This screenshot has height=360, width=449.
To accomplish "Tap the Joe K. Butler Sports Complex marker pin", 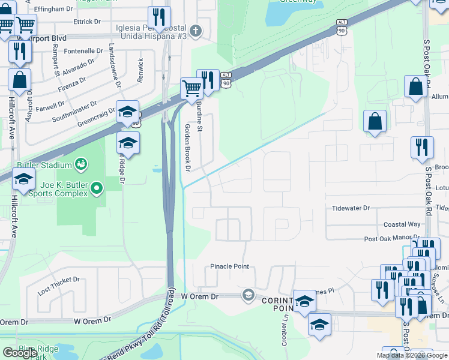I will click(x=97, y=190).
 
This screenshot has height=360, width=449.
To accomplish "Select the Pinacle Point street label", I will click(x=229, y=266).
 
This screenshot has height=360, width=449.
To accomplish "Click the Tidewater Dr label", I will click(x=352, y=208).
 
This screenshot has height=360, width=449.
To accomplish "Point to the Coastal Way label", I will click(x=402, y=224).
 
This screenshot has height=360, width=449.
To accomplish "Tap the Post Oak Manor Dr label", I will click(x=391, y=239).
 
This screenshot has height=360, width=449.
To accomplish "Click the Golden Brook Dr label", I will click(x=187, y=148).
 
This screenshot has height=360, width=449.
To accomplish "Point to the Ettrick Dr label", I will click(x=87, y=22).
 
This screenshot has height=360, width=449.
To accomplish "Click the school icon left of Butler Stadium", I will click(x=23, y=179).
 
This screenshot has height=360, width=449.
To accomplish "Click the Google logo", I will click(x=20, y=353).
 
